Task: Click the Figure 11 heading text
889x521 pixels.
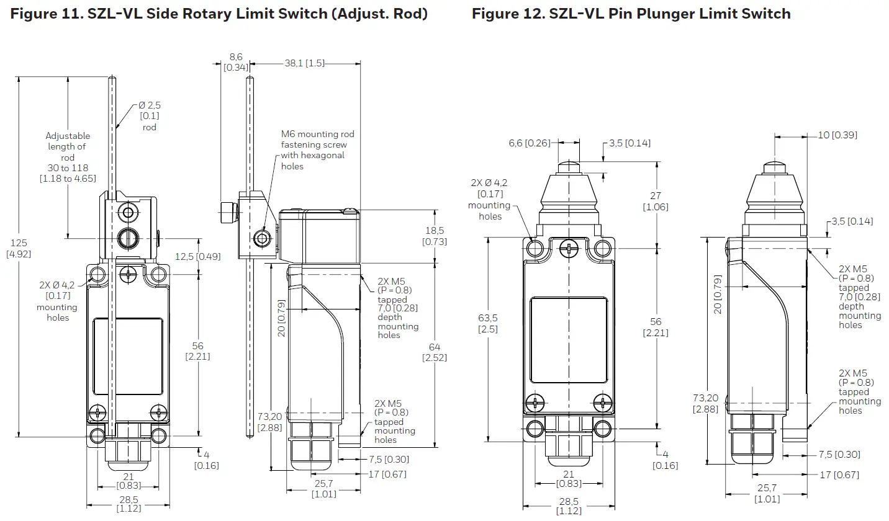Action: point(219,14)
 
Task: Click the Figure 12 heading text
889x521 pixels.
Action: point(631,14)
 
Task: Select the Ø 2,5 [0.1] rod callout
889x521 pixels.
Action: point(149,116)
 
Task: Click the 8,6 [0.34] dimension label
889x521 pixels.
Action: point(235,61)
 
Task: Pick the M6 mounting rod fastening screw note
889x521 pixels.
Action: point(317,149)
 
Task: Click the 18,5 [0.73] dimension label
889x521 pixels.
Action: point(434,236)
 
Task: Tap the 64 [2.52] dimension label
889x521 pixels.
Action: point(434,352)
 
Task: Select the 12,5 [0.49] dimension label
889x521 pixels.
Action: point(198,256)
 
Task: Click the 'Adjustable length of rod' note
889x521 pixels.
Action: point(68,157)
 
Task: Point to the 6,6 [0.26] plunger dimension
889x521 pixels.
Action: point(530,143)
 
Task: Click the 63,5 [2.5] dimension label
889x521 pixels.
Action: point(487,323)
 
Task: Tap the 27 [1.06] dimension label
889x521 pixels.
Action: point(656,201)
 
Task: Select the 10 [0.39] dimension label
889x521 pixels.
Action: point(837,135)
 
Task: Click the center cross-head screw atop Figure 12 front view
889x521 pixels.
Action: point(569,249)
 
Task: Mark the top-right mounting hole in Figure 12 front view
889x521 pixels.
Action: point(602,249)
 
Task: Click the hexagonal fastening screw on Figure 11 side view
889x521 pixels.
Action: point(264,238)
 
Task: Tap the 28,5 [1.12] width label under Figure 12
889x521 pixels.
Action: point(568,505)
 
